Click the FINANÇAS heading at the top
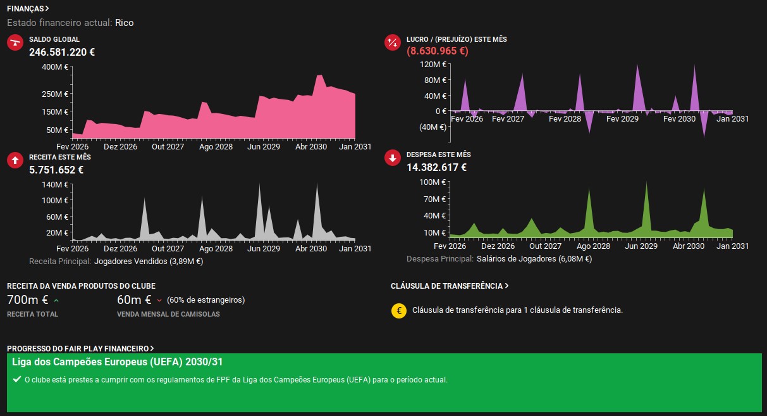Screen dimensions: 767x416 pos(28,9)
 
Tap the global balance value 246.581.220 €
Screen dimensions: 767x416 pos(62,52)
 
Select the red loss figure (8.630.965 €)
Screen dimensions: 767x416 pos(438,51)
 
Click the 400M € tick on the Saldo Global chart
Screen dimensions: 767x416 pos(55,66)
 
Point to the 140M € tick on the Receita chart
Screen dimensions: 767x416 pos(55,184)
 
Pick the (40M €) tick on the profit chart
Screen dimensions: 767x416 pos(433,127)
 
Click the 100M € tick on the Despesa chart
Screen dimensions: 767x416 pos(433,182)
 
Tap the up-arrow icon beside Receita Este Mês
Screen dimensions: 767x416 pos(15,160)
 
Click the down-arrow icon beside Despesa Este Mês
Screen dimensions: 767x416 pos(393,158)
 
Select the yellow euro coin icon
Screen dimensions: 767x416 pos(399,311)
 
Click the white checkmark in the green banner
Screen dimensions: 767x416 pos(17,379)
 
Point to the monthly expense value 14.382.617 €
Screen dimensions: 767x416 pos(436,167)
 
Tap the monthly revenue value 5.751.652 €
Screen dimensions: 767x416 pos(56,170)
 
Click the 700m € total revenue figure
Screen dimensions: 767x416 pos(27,299)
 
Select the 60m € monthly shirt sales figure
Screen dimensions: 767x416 pos(134,299)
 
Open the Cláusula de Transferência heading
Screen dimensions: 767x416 pos(450,286)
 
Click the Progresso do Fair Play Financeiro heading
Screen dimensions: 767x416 pos(80,348)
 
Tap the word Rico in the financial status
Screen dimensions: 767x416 pos(125,23)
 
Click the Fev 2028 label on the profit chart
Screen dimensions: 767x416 pos(565,118)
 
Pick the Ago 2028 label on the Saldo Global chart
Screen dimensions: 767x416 pos(216,146)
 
